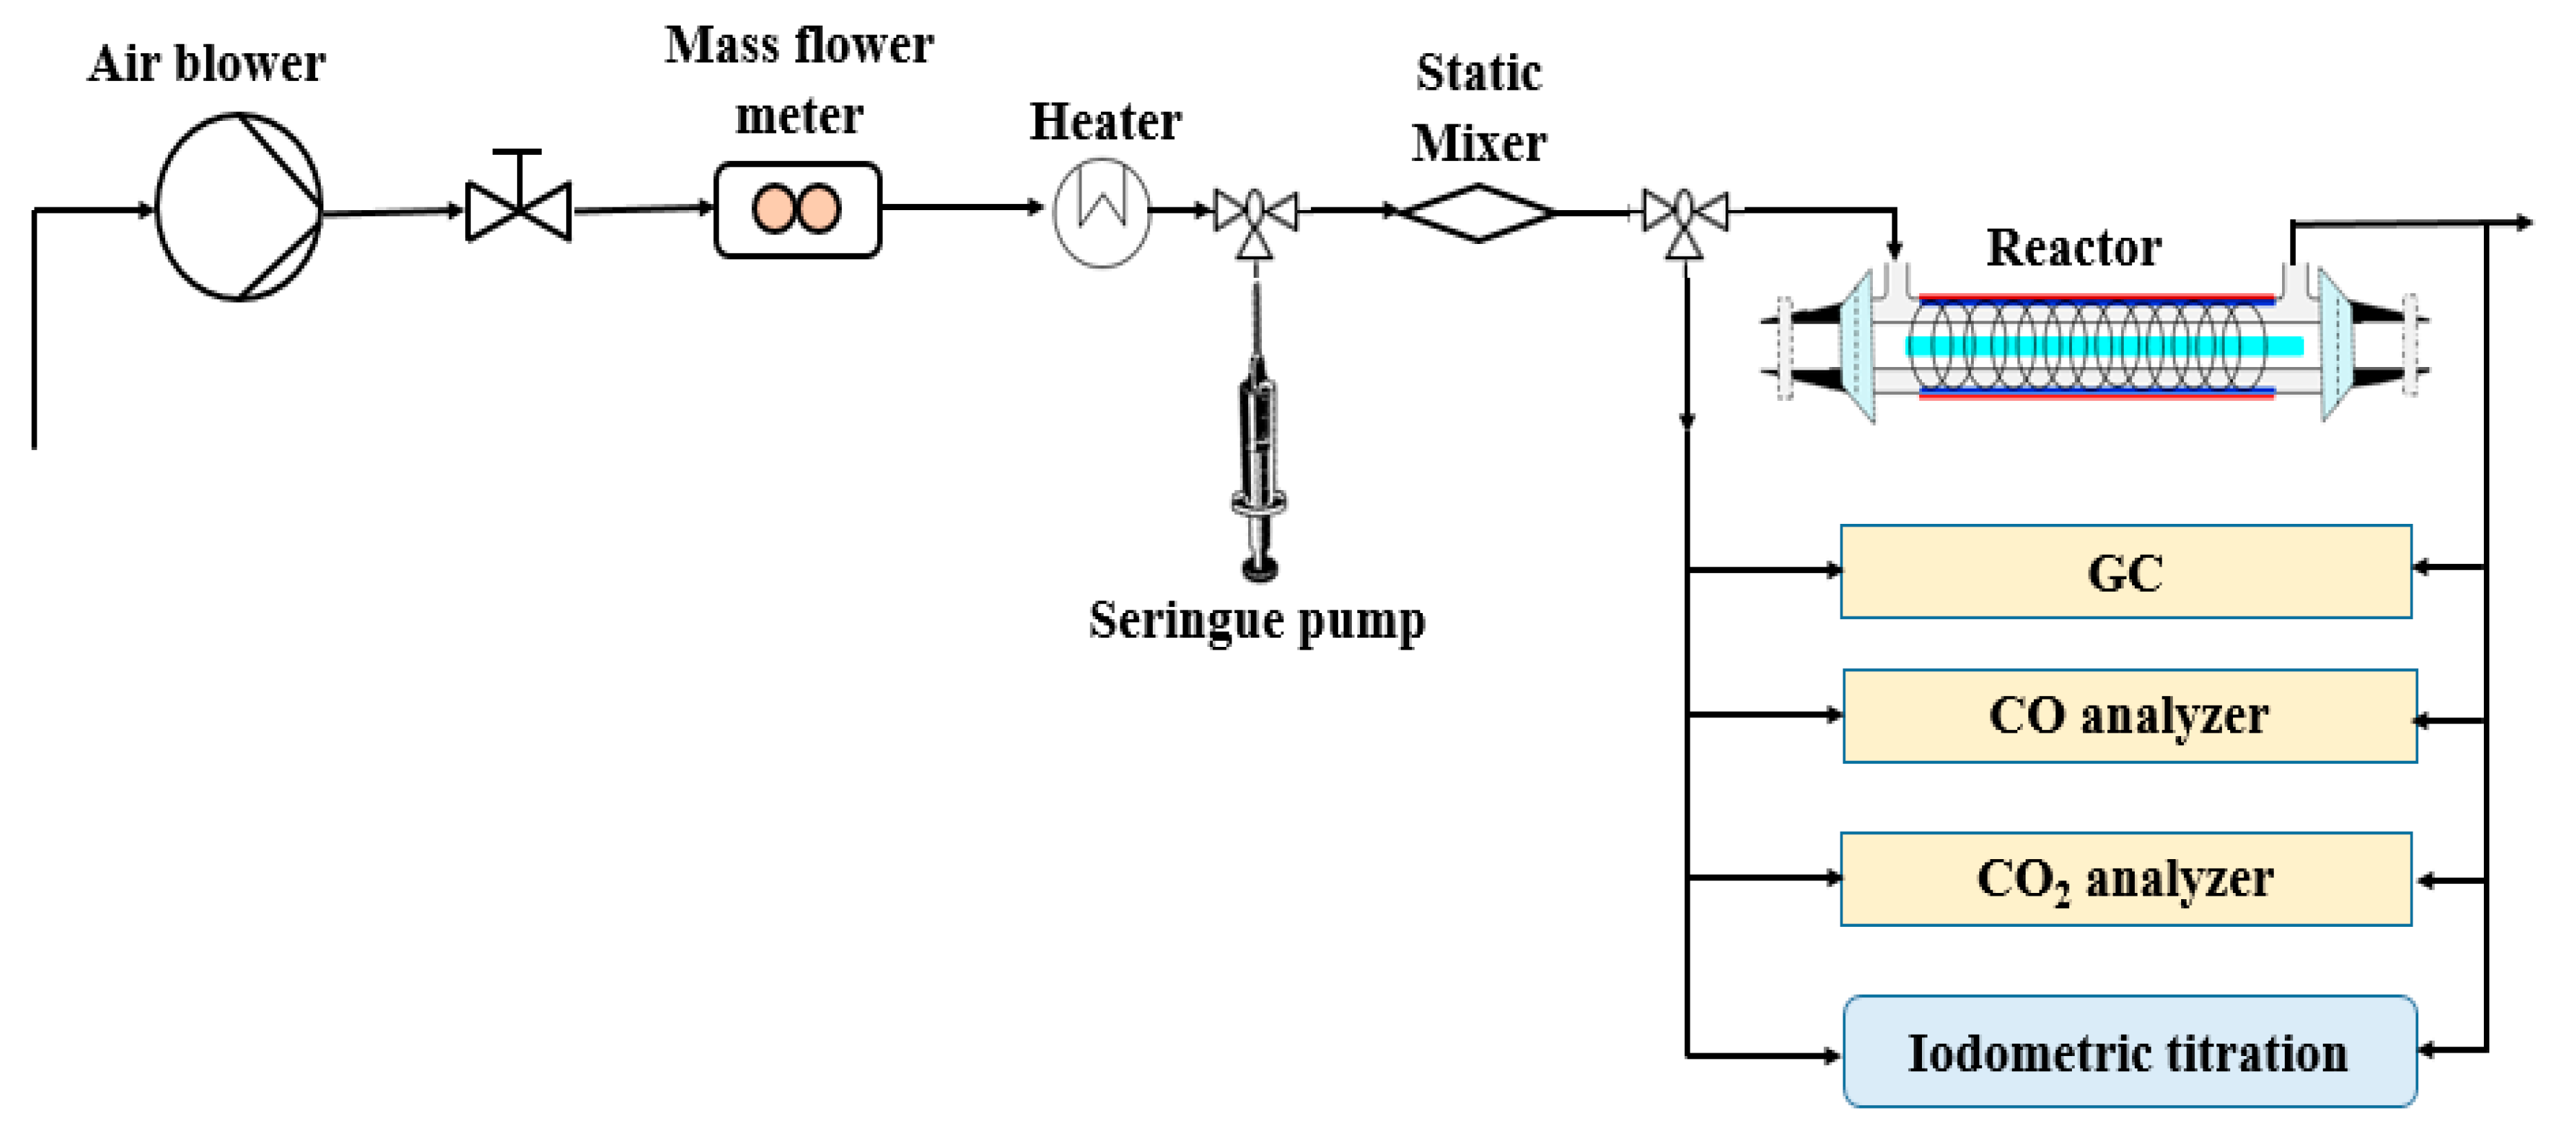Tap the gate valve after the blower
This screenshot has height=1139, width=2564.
[518, 210]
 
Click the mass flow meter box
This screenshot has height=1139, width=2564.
[798, 210]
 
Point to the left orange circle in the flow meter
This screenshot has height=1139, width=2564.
[773, 210]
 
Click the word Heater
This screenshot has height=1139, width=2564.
[1105, 122]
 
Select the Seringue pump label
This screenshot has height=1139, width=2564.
[1256, 620]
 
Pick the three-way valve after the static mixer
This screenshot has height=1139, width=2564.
[1684, 213]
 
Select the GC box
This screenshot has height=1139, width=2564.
[2125, 572]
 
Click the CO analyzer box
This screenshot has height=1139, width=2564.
[2129, 716]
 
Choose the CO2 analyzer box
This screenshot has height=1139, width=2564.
[2125, 879]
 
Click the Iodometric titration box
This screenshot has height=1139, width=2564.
[2129, 1051]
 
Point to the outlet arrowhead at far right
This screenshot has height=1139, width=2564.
[2523, 223]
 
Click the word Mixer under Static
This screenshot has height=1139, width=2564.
[1479, 143]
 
